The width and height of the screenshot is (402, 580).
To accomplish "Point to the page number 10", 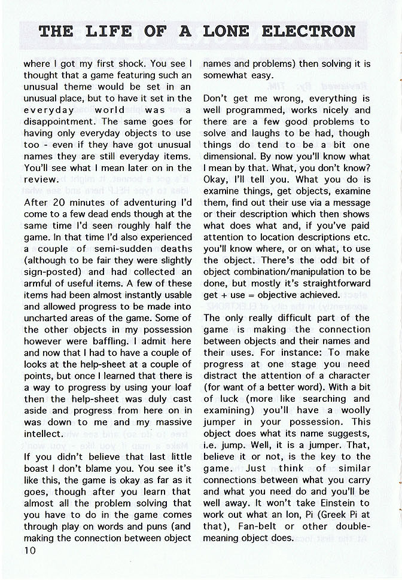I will [x=31, y=550].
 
